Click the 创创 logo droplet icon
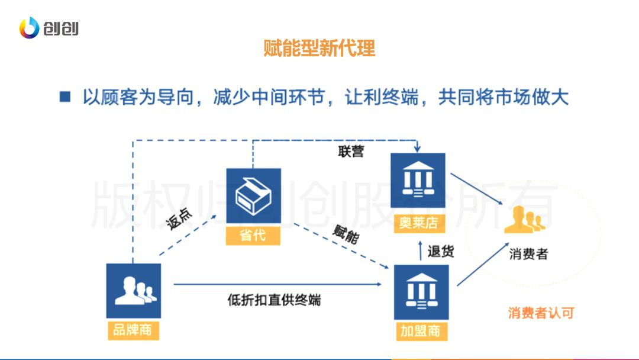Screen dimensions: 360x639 click(x=29, y=28)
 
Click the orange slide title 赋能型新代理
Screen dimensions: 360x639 click(x=319, y=48)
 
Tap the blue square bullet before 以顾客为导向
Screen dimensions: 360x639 click(x=65, y=97)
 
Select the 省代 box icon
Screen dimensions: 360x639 click(x=253, y=195)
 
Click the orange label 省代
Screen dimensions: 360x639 click(x=253, y=236)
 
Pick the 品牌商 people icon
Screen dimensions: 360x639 click(x=133, y=290)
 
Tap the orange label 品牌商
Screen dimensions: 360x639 click(x=133, y=329)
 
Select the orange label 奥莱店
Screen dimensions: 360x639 click(x=418, y=223)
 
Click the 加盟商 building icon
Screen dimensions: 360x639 click(x=421, y=292)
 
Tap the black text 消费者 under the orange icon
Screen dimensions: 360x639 click(x=528, y=254)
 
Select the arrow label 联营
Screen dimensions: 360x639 click(x=351, y=152)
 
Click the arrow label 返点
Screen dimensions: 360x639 click(x=179, y=219)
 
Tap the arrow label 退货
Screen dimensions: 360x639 click(x=441, y=251)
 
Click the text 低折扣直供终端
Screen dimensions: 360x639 click(x=274, y=299)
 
